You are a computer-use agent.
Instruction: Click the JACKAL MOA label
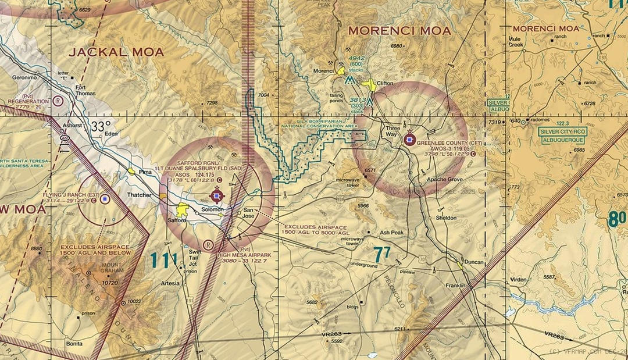116,52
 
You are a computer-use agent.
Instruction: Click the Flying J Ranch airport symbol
105,199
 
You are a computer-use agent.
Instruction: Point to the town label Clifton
385,83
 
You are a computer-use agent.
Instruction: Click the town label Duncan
474,262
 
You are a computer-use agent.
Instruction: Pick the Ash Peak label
392,232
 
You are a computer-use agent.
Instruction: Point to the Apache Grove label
445,180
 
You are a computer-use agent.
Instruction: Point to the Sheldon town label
446,218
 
